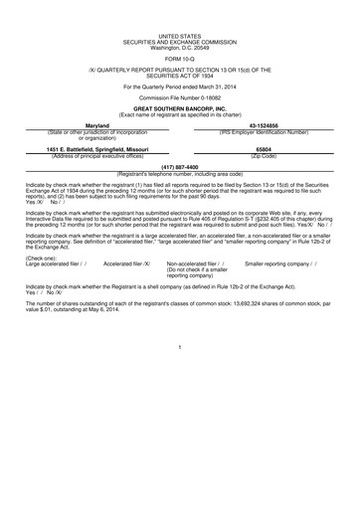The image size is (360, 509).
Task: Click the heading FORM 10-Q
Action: click(179, 60)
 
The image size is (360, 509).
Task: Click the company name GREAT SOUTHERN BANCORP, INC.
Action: click(179, 108)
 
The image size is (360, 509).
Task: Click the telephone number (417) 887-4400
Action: click(179, 167)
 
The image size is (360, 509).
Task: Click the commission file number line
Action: click(179, 97)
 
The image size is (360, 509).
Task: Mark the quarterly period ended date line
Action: click(179, 86)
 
